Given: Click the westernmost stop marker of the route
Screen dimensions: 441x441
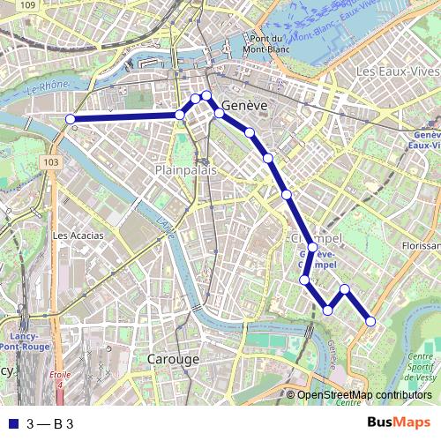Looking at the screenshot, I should tap(70, 119).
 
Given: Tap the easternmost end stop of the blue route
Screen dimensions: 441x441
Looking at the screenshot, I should tap(370, 322).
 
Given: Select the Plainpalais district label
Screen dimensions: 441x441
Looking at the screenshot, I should tap(185, 169).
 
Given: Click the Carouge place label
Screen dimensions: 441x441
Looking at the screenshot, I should tap(172, 360).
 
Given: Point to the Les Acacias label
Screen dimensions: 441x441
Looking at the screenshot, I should tap(78, 235).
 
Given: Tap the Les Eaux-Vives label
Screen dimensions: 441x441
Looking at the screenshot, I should tap(397, 70).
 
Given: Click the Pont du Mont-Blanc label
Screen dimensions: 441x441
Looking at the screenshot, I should tap(265, 44).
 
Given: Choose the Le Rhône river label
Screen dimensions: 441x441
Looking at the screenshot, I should tap(47, 89).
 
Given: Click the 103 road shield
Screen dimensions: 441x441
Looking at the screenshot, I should tap(52, 162).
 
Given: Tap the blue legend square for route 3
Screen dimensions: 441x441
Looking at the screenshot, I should tap(11, 424).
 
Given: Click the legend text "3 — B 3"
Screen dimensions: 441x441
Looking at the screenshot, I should tap(49, 424).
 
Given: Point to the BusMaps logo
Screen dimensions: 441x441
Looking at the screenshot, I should tap(400, 423).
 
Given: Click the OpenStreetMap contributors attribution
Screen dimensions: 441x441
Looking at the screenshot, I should tap(363, 395).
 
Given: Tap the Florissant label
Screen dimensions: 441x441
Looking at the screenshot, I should tap(420, 245).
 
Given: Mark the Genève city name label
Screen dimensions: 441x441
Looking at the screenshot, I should tap(243, 105).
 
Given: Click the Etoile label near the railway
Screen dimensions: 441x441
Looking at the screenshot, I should tap(61, 374).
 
